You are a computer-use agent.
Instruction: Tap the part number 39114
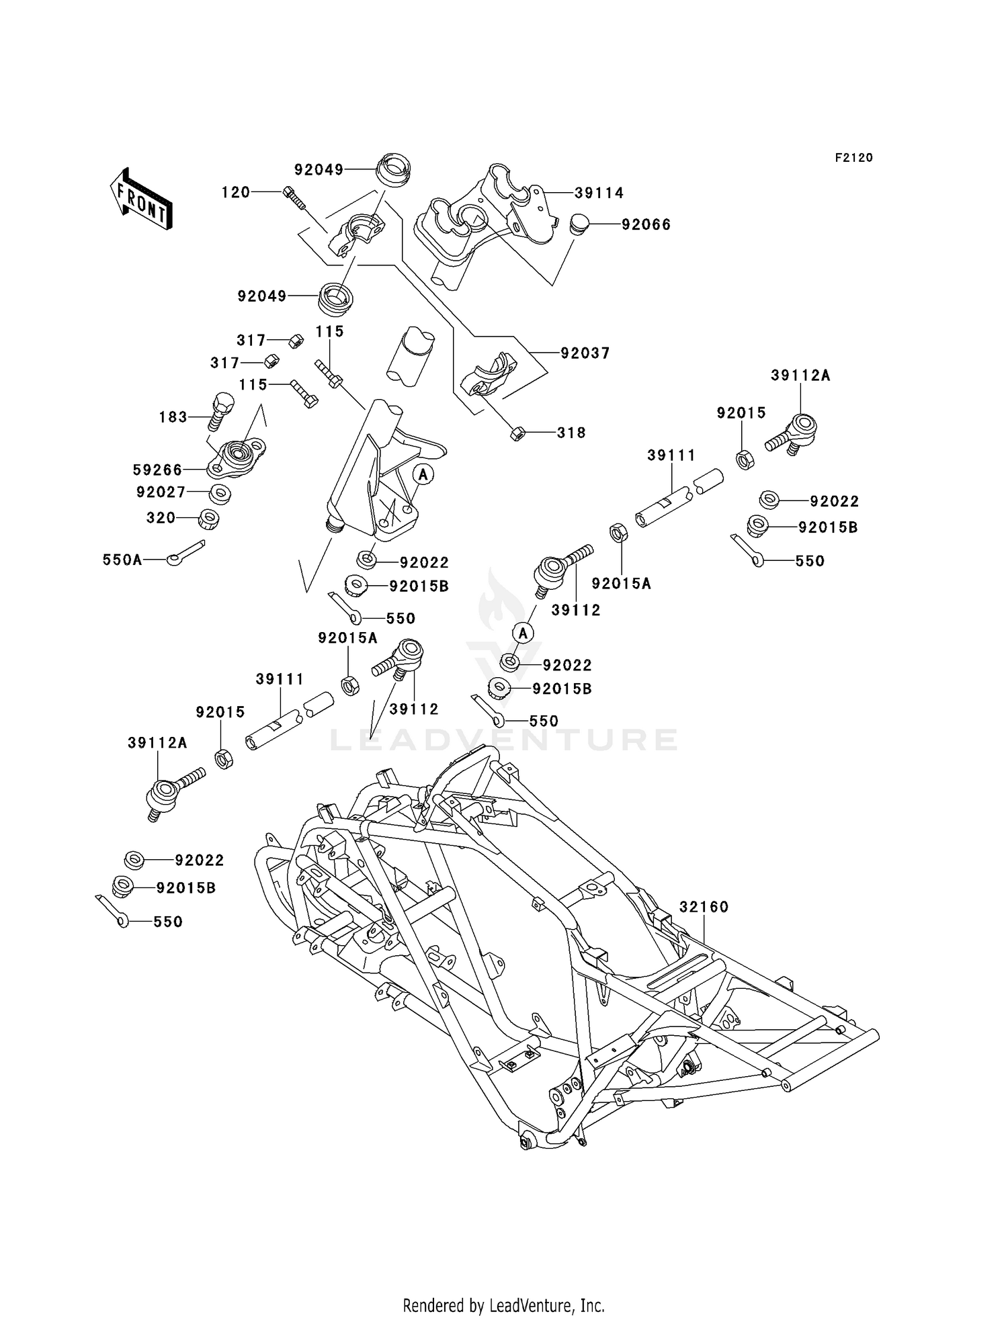[x=599, y=193]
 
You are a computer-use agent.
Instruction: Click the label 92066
[x=646, y=224]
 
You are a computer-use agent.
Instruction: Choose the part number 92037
[x=585, y=353]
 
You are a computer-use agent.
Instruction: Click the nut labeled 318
[x=517, y=433]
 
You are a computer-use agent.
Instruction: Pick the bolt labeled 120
[x=294, y=197]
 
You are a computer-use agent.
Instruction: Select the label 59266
[x=158, y=470]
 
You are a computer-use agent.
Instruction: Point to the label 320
[x=161, y=518]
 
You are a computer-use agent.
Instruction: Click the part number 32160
[x=704, y=907]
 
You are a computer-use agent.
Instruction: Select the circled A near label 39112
[x=523, y=632]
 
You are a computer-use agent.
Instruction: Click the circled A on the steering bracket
[x=423, y=474]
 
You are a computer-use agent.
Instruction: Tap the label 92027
[x=161, y=492]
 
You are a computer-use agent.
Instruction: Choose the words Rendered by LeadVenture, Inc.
[x=504, y=1305]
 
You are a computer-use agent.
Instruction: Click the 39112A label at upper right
[x=800, y=376]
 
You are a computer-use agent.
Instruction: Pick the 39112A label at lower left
[x=157, y=742]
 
